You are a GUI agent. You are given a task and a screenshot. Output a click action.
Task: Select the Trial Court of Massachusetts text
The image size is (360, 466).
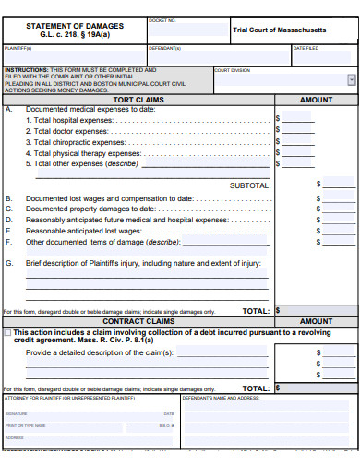tap(279, 30)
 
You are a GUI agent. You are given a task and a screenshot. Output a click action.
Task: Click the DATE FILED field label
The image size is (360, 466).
tap(306, 48)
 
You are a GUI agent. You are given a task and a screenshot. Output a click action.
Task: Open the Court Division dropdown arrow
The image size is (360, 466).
tap(351, 80)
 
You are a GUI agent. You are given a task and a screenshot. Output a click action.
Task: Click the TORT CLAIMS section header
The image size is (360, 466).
tap(138, 99)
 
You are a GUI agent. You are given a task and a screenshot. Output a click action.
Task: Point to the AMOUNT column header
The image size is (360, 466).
tap(316, 99)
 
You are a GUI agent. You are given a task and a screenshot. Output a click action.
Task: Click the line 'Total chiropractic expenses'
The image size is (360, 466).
tap(75, 142)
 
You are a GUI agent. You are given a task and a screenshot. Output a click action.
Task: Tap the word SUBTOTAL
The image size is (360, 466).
tap(249, 185)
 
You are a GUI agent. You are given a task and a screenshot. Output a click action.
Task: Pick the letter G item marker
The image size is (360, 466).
tap(9, 263)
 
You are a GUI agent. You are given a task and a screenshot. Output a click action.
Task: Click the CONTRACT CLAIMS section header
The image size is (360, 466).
tap(138, 321)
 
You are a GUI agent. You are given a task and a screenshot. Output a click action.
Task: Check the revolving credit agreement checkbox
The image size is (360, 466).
tap(8, 332)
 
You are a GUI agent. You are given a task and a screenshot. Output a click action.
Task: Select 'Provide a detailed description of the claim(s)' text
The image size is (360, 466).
tap(100, 352)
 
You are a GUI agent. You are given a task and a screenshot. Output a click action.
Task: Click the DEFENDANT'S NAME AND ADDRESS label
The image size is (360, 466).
tap(222, 398)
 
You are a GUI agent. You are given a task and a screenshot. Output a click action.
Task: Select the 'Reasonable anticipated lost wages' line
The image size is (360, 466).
tap(90, 231)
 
